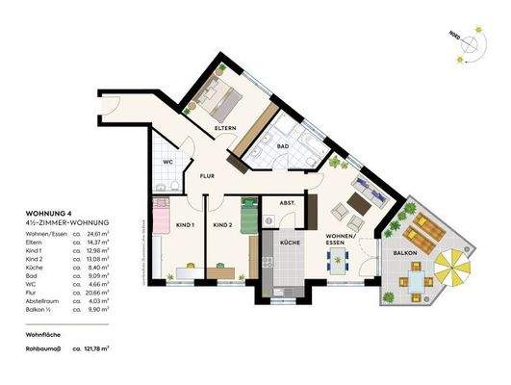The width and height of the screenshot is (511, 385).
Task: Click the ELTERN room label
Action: (x=226, y=128)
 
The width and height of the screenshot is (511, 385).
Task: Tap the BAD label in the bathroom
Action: (x=283, y=146)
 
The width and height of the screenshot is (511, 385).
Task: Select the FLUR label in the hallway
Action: (x=208, y=177)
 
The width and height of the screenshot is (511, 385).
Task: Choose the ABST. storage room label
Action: (x=287, y=203)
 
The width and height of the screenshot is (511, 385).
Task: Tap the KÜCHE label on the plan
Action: (x=292, y=244)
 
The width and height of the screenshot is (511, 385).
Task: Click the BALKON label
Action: (x=404, y=252)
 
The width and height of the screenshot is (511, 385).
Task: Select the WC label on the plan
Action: (x=167, y=162)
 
